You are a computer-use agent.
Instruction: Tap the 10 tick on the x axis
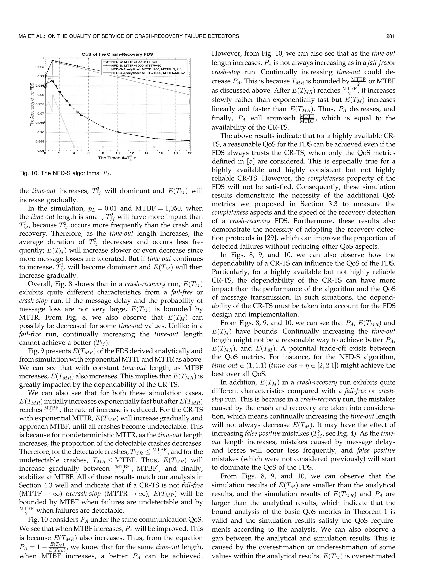[117, 153]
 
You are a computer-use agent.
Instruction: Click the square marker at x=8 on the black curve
[103, 127]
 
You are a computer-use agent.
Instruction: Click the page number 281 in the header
[390, 36]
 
